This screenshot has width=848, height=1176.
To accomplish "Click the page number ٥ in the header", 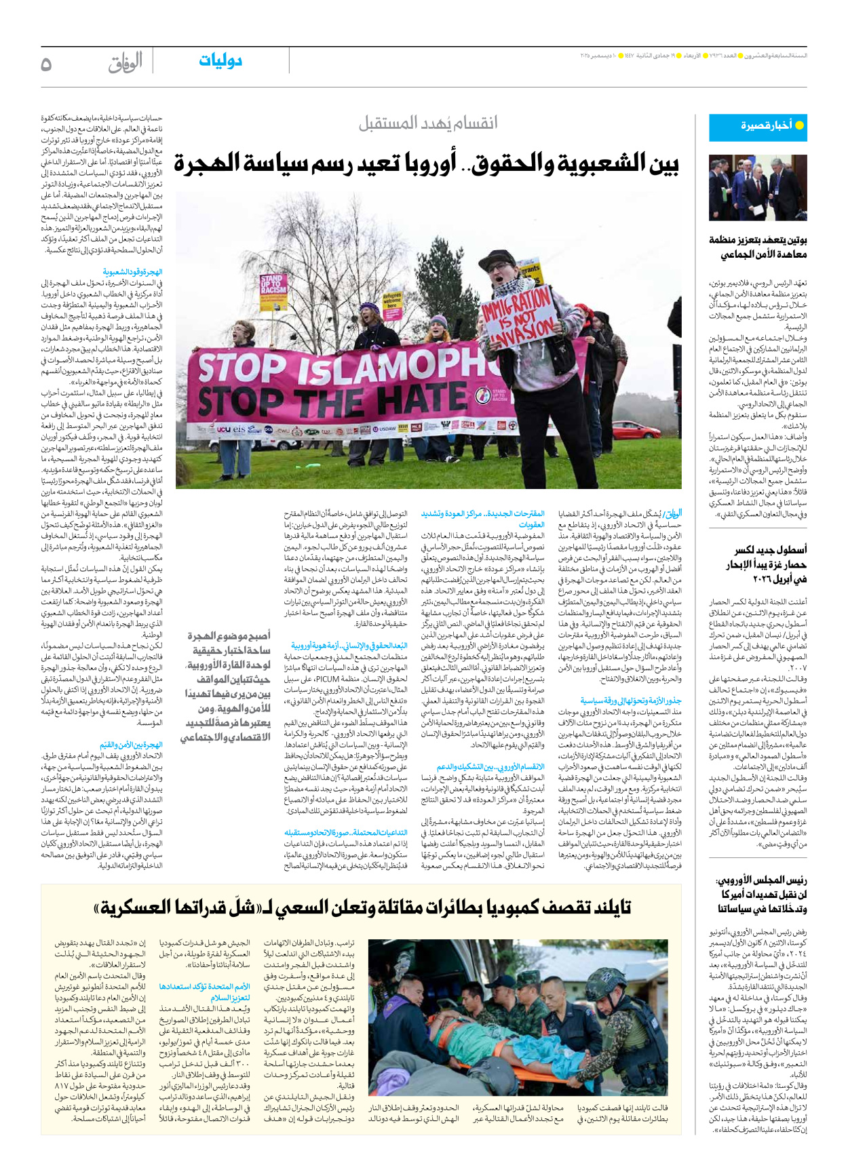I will tap(46, 64).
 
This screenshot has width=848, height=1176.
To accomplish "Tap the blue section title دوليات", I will tap(220, 61).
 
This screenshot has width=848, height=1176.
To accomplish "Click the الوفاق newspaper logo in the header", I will tap(126, 63).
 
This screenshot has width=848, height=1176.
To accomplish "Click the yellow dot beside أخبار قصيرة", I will tap(799, 125).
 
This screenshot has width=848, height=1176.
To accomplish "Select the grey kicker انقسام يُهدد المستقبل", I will tap(428, 123).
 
